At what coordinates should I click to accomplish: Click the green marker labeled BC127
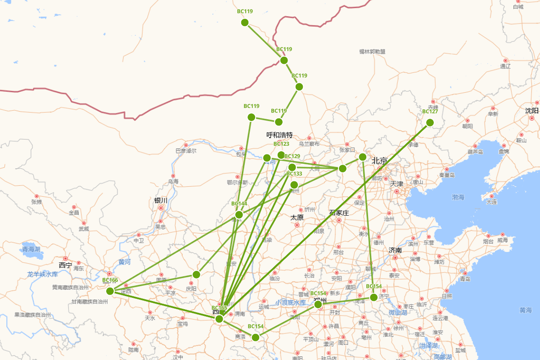click(430, 122)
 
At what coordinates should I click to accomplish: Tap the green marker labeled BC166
click(110, 291)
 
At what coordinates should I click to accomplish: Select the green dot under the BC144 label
click(239, 215)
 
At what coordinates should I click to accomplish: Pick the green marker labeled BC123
click(281, 155)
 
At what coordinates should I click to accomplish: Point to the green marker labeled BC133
click(294, 185)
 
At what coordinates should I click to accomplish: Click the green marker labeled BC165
click(219, 319)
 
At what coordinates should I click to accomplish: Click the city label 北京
click(379, 161)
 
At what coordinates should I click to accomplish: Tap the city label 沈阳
click(531, 111)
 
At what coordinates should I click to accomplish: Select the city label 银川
click(161, 200)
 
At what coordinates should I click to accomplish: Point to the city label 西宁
click(65, 265)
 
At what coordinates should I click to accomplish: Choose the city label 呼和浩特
click(279, 135)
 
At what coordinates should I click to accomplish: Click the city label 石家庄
click(339, 213)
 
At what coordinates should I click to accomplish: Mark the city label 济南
click(395, 250)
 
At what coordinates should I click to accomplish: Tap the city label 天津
click(396, 184)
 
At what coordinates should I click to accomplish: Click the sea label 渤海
click(458, 197)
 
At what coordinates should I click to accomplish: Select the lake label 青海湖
click(31, 249)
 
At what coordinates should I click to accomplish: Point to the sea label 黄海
click(526, 310)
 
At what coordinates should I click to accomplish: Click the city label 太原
click(297, 217)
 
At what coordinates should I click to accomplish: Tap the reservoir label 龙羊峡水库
click(43, 274)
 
